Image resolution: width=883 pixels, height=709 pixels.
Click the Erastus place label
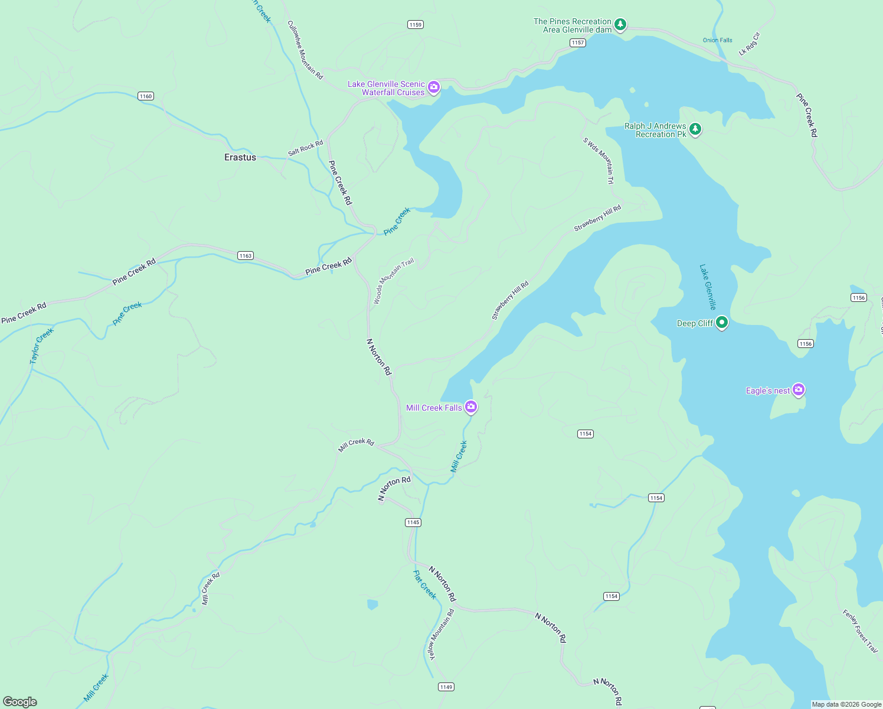coord(240,157)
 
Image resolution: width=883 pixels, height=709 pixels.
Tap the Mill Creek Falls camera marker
coord(470,406)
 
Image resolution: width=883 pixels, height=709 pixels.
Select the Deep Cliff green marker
coord(721,323)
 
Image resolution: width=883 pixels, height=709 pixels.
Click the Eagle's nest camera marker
coord(799,389)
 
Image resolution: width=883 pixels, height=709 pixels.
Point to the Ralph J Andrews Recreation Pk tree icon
coord(695,129)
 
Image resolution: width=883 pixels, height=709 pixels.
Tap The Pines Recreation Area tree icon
coord(620,25)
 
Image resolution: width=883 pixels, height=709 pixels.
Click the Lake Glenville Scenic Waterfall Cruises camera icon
coord(434,87)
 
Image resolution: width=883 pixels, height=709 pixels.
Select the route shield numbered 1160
coord(146,96)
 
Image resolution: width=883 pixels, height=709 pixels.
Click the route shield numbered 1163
coord(246,256)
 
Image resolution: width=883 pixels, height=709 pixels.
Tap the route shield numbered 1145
coord(413,522)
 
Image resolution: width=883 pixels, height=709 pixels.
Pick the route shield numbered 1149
coord(446,687)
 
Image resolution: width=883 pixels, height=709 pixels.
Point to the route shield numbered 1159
coord(416,25)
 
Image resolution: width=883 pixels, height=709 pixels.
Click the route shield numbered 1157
coord(578,43)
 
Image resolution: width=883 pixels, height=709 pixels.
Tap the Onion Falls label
coord(717,40)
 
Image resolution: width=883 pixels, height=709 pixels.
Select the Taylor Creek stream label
coord(41,346)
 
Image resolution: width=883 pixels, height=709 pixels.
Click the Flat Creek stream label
coord(424,584)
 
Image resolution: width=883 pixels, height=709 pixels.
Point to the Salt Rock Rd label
coord(305,148)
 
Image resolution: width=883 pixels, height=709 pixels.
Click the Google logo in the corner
coord(20,702)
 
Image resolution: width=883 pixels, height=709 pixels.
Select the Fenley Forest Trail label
coord(860,631)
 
